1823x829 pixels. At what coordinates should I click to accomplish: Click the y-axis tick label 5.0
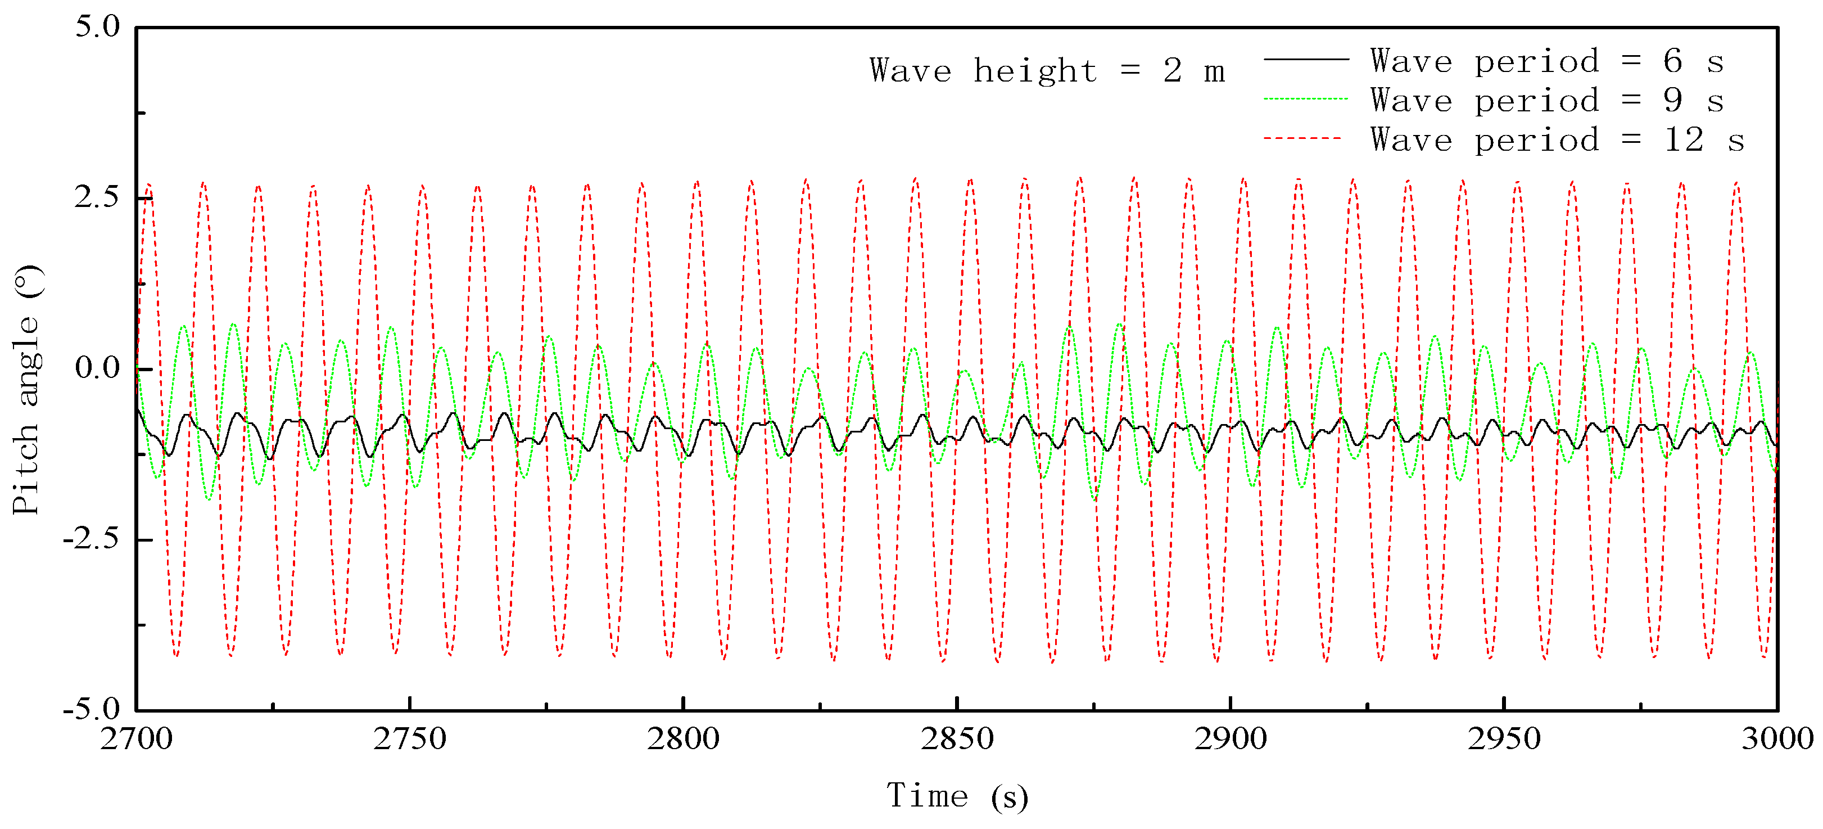98,27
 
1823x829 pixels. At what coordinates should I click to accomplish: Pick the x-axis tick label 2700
137,739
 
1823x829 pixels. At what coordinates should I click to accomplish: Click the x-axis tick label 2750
410,739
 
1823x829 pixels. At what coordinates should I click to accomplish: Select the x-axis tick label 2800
683,739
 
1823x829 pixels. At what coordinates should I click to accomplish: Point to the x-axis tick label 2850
957,739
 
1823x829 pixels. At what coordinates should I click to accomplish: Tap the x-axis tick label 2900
1231,739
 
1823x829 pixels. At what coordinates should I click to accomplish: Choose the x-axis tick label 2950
1504,739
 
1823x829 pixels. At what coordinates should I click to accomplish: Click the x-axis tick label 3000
1777,739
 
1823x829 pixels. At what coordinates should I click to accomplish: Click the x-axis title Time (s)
957,796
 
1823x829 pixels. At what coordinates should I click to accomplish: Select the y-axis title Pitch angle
27,389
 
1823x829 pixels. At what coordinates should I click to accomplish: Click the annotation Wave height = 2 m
1047,71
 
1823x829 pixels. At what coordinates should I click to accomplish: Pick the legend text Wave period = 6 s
1547,61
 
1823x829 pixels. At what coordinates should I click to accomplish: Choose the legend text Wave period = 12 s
1557,140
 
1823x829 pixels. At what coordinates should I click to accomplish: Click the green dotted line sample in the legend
1306,99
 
